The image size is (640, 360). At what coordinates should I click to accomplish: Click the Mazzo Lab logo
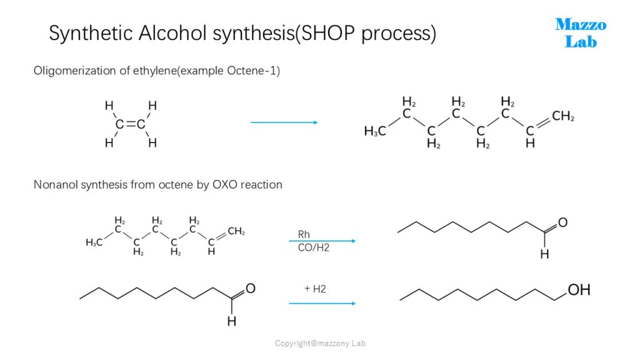pyautogui.click(x=581, y=33)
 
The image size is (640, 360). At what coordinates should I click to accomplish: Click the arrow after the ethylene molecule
pyautogui.click(x=284, y=122)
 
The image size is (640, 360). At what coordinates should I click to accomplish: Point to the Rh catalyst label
pyautogui.click(x=304, y=234)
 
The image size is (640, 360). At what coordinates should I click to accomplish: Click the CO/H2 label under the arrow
pyautogui.click(x=314, y=247)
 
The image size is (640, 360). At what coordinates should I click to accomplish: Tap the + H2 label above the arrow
pyautogui.click(x=315, y=289)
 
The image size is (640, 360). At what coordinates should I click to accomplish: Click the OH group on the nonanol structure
pyautogui.click(x=579, y=290)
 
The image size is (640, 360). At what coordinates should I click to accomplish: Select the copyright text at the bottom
pyautogui.click(x=320, y=343)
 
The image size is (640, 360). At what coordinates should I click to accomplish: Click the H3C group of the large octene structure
pyautogui.click(x=375, y=131)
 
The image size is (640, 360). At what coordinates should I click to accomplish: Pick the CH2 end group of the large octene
pyautogui.click(x=563, y=116)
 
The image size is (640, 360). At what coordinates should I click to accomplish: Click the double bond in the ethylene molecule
pyautogui.click(x=130, y=124)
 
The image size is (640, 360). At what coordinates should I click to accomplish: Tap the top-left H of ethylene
pyautogui.click(x=109, y=106)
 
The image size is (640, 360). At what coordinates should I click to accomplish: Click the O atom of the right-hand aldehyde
pyautogui.click(x=562, y=222)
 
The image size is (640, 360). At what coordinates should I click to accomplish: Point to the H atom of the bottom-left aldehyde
pyautogui.click(x=231, y=322)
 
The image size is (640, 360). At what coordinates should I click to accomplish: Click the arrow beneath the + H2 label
pyautogui.click(x=322, y=304)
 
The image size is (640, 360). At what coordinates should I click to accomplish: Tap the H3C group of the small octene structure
pyautogui.click(x=94, y=242)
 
